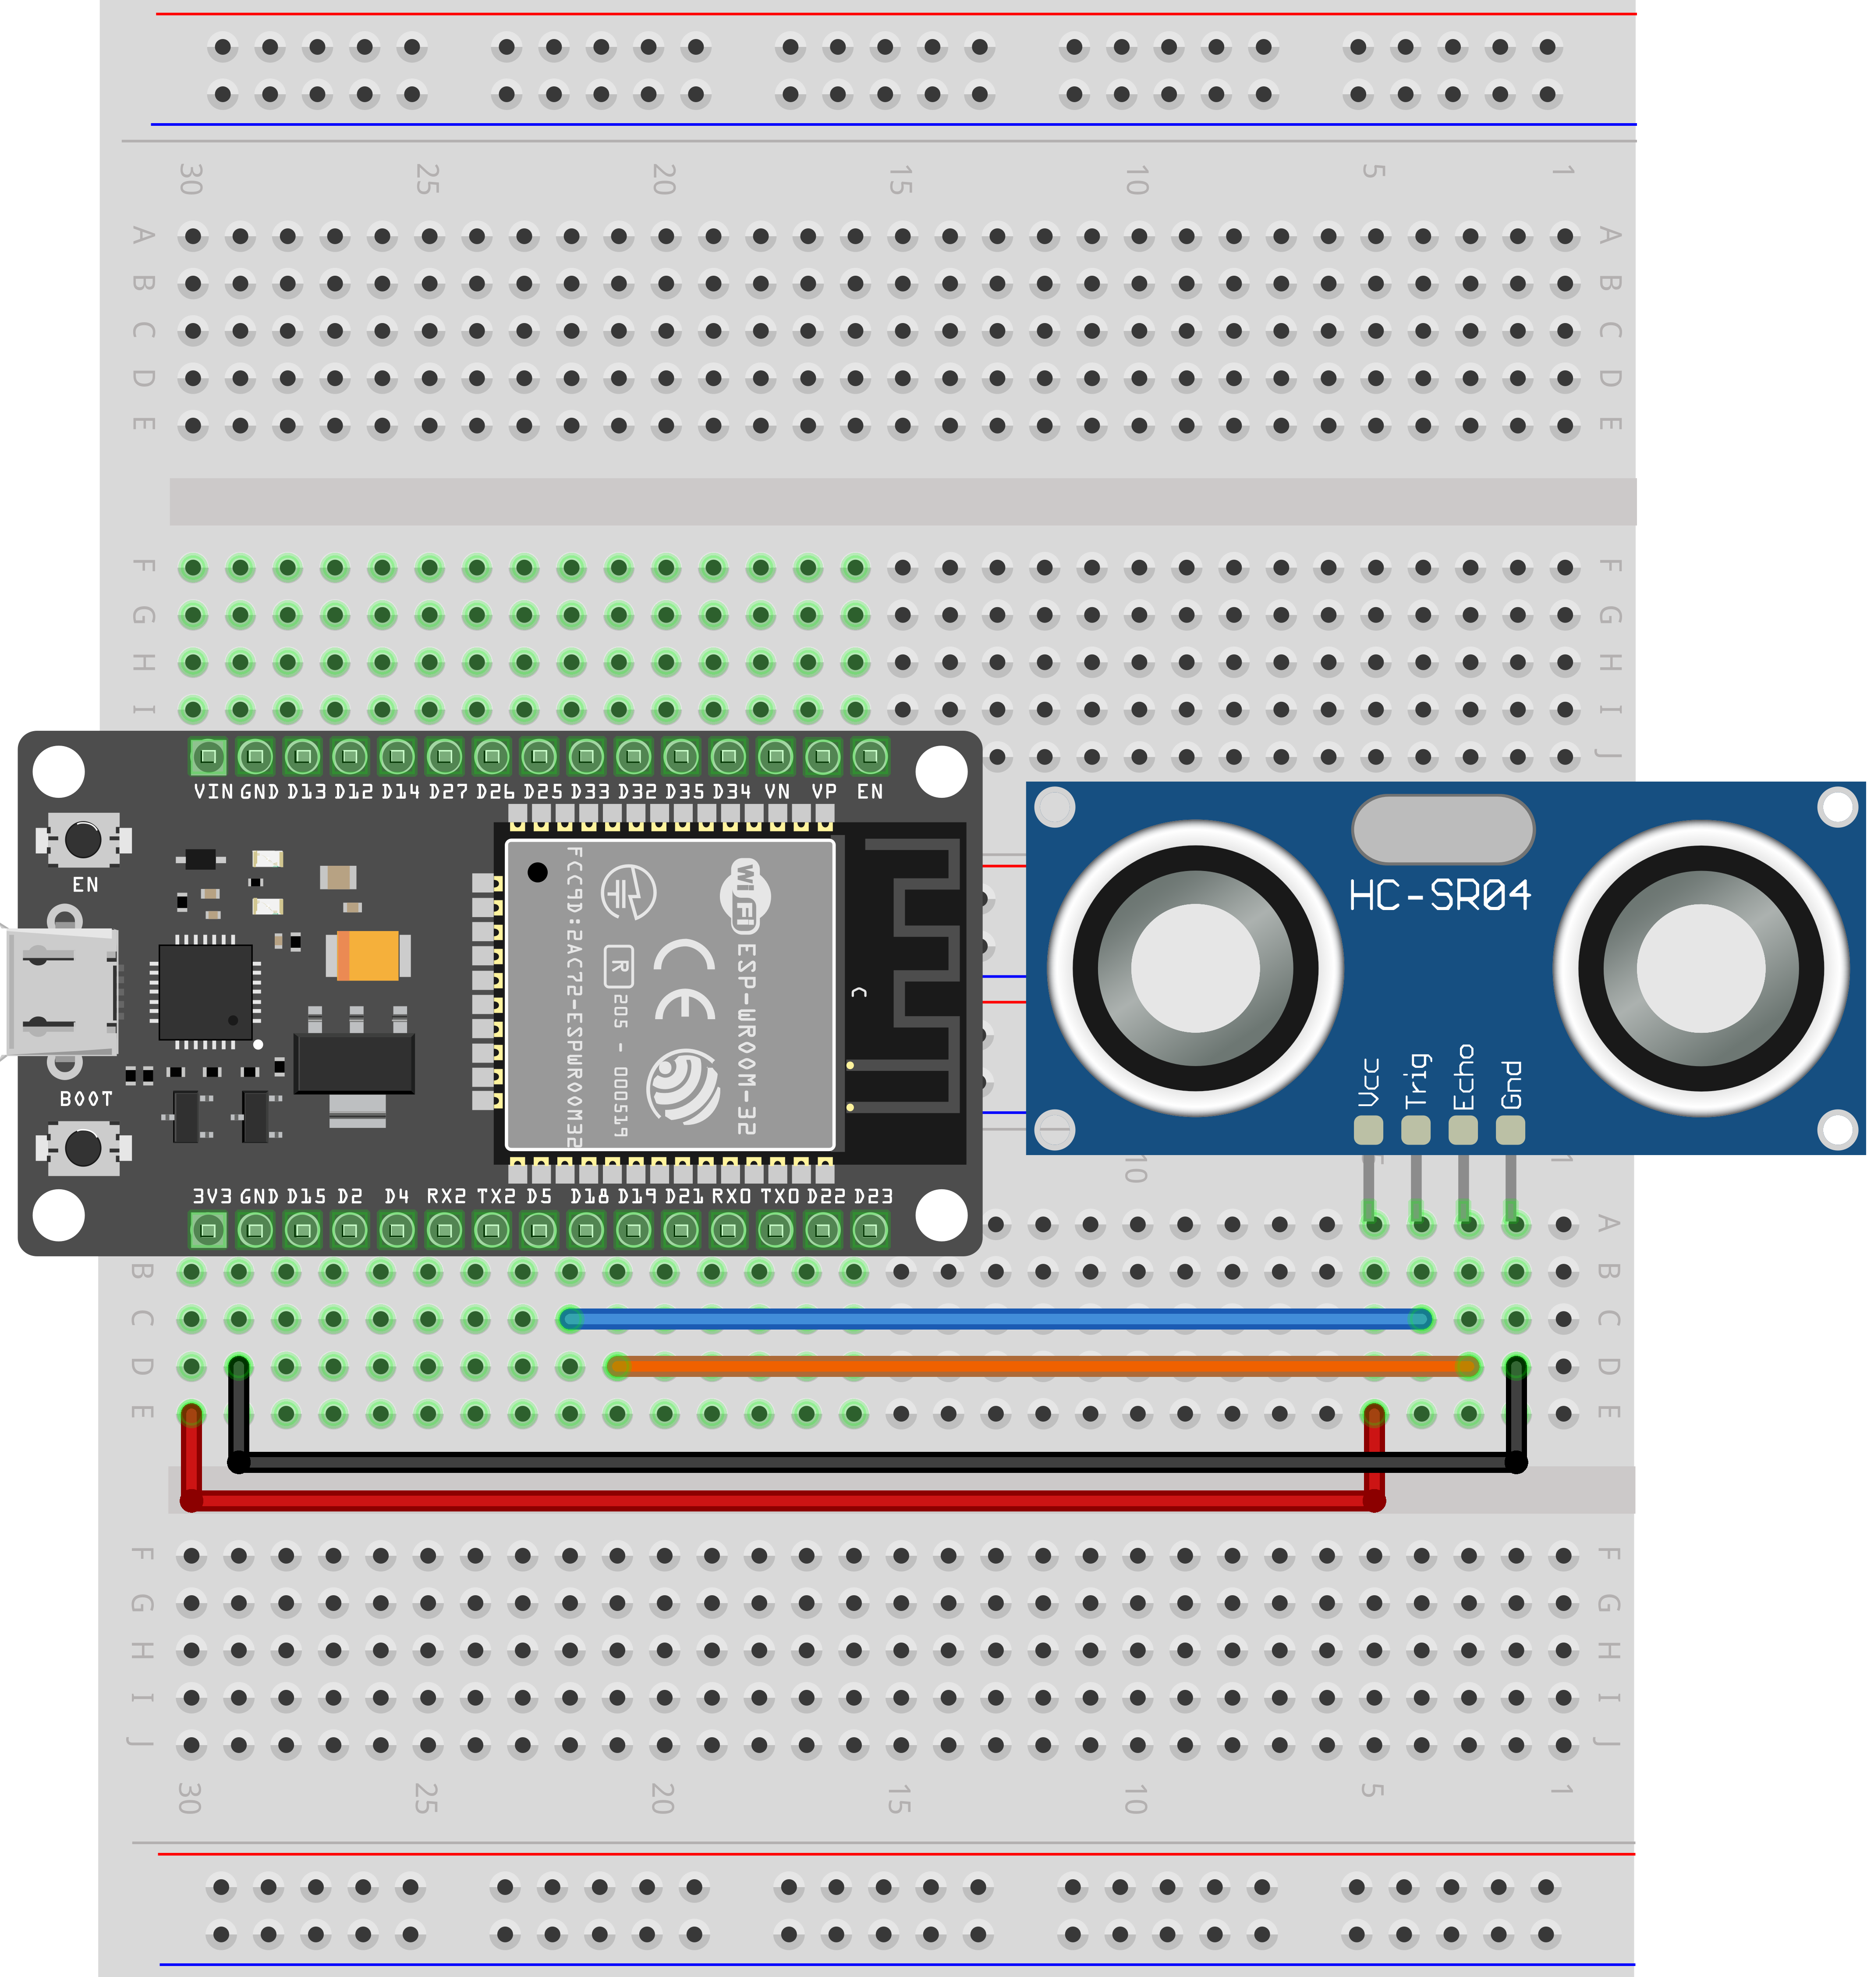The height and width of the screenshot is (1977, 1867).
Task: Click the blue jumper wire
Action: coord(995,1319)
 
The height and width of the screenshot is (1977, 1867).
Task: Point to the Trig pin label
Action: coord(1416,1080)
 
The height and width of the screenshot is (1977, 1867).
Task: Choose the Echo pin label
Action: coord(1463,1077)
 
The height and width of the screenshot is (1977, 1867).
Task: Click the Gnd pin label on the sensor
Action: coord(1511,1084)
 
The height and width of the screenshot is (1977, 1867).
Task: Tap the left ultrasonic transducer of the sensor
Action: coord(1195,967)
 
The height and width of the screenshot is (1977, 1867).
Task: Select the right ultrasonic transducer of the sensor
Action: coord(1701,967)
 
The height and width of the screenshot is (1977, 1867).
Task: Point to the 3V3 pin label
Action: coord(211,1195)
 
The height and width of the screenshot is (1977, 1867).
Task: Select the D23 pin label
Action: coord(873,1195)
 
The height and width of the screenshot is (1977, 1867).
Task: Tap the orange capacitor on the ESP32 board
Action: coord(368,956)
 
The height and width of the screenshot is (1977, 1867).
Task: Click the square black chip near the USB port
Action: coord(206,992)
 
